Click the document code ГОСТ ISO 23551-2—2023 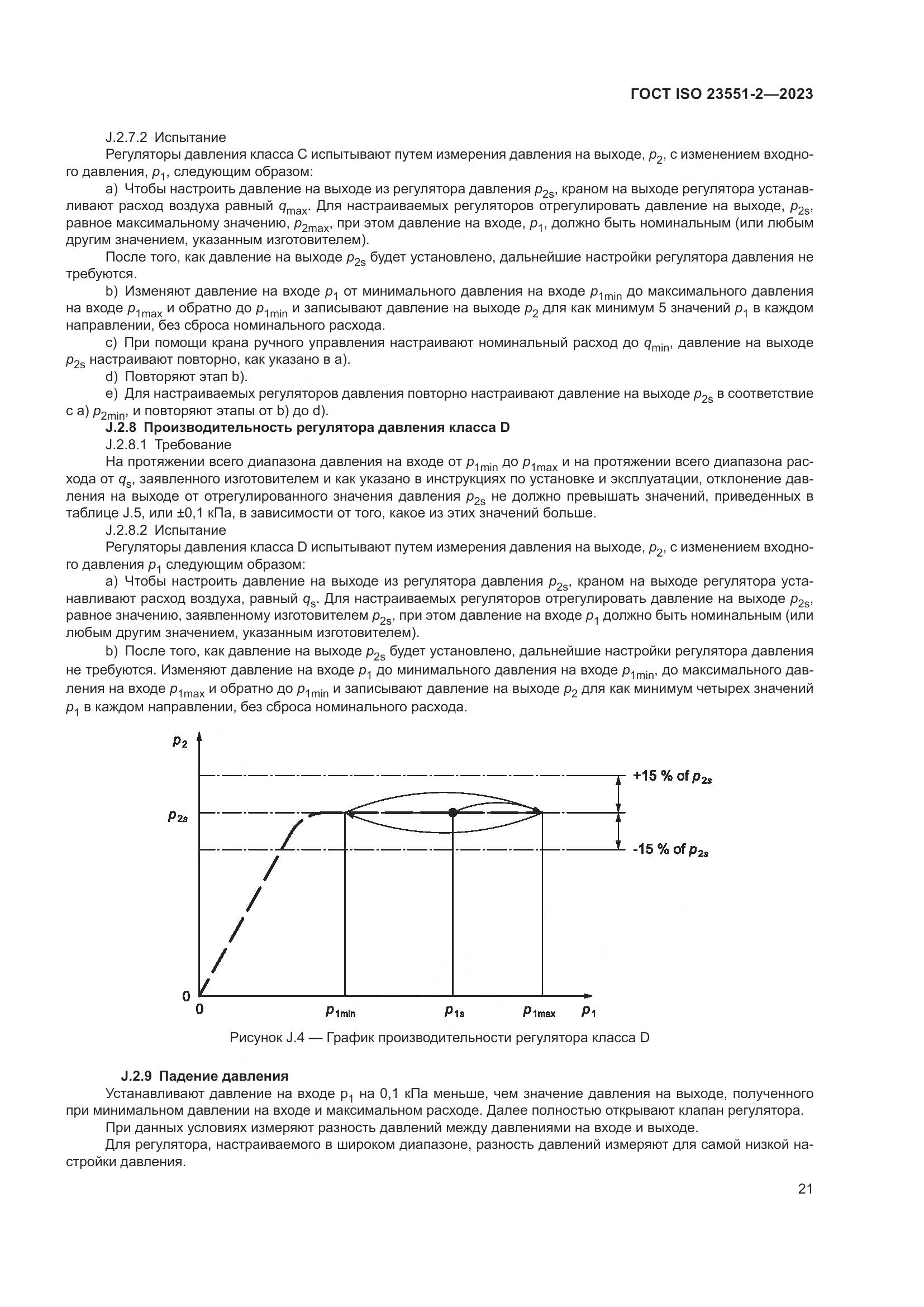coord(721,94)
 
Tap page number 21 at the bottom coord(805,1189)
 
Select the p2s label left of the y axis coord(178,816)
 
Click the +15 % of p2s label coord(672,777)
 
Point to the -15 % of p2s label coord(670,850)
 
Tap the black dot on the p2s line coord(453,813)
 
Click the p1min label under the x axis coord(340,1011)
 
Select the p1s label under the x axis coord(455,1011)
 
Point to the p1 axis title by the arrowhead coord(589,1011)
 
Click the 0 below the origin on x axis coord(199,1009)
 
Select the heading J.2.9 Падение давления coord(204,1076)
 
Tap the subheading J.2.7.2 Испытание coord(165,137)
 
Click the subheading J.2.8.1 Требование coord(168,445)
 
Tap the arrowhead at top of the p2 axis coord(199,737)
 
